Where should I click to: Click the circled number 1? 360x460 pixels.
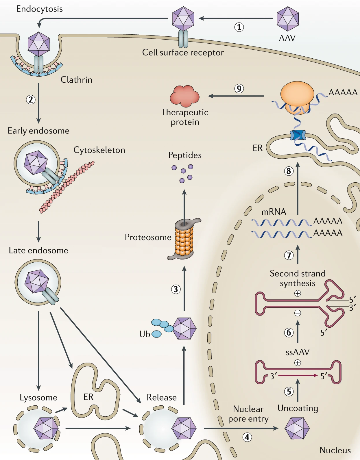pyautogui.click(x=239, y=27)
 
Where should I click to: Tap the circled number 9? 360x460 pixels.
pyautogui.click(x=239, y=88)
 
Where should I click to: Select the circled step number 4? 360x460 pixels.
pyautogui.click(x=247, y=437)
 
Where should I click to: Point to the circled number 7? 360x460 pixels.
pyautogui.click(x=289, y=255)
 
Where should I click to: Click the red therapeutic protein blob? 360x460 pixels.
pyautogui.click(x=185, y=96)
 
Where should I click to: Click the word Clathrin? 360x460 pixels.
pyautogui.click(x=76, y=80)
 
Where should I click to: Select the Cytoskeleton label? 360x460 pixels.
pyautogui.click(x=99, y=150)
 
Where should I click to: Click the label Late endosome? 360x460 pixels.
pyautogui.click(x=38, y=251)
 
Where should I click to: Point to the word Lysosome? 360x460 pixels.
pyautogui.click(x=38, y=398)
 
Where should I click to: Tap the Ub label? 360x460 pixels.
pyautogui.click(x=145, y=334)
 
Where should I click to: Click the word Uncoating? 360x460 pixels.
pyautogui.click(x=298, y=408)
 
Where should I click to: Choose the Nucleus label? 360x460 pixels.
pyautogui.click(x=335, y=450)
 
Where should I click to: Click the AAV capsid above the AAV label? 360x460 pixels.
pyautogui.click(x=288, y=18)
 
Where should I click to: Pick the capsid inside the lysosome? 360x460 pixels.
pyautogui.click(x=46, y=428)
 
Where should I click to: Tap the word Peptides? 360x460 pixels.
pyautogui.click(x=185, y=155)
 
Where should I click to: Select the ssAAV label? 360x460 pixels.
pyautogui.click(x=298, y=352)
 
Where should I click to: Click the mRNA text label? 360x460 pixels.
pyautogui.click(x=274, y=212)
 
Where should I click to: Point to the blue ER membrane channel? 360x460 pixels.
pyautogui.click(x=298, y=135)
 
